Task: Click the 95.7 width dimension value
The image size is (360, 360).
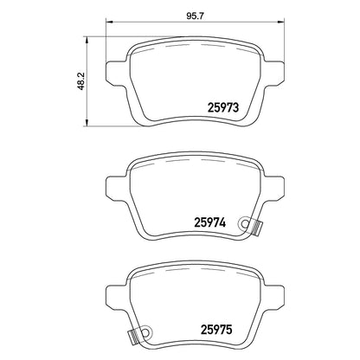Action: coord(196,16)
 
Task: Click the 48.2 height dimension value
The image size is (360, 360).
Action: coord(81,81)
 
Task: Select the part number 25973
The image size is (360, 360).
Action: coord(223,107)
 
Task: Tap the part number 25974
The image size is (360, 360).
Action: coord(210,222)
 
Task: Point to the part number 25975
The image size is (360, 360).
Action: coord(216,330)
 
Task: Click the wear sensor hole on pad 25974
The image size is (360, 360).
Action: coord(246,223)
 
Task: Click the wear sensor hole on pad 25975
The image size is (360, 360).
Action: coord(146,332)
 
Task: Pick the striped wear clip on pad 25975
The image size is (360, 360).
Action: coord(135,337)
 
